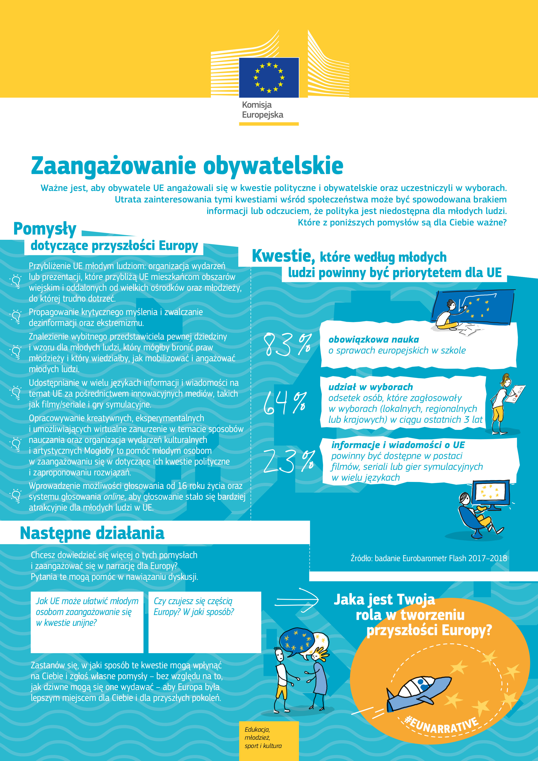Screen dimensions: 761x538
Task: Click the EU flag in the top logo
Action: pyautogui.click(x=269, y=77)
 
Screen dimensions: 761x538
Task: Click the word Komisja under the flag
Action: pyautogui.click(x=256, y=105)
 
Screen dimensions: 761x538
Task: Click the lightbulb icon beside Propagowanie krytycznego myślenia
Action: pyautogui.click(x=16, y=316)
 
